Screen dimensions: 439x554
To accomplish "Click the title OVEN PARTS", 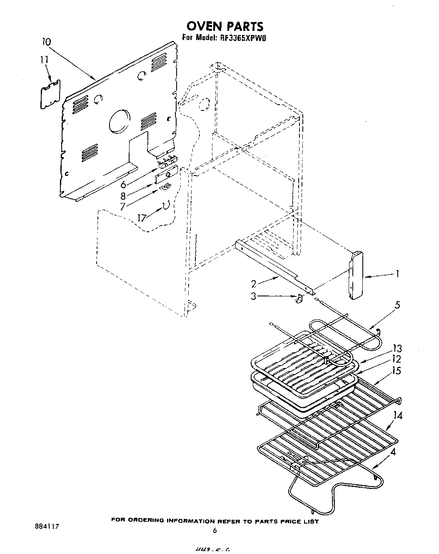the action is pos(225,26).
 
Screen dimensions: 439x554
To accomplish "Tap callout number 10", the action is pos(47,42).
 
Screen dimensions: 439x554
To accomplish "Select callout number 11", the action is pos(45,60).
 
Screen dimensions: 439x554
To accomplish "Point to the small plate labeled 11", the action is pos(50,95).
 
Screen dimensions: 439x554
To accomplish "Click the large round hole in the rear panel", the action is pos(120,121).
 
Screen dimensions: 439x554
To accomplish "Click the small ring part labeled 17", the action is pos(166,205).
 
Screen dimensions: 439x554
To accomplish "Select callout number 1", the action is pos(398,274).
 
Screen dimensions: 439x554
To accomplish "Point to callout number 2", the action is pos(253,284).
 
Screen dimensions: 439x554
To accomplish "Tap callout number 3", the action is pos(254,296).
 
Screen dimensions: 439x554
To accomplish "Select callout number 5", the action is pos(397,305).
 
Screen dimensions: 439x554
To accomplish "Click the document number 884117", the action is pos(46,526).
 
